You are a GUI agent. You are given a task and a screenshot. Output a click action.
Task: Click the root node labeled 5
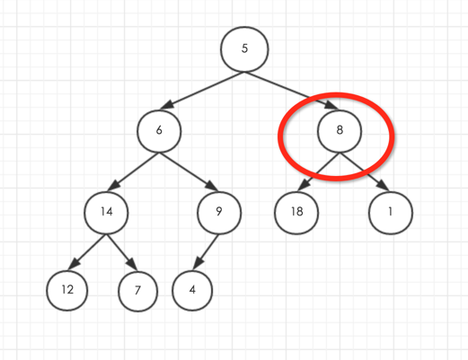click(244, 49)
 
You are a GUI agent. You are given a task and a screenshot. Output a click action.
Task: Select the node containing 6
click(159, 131)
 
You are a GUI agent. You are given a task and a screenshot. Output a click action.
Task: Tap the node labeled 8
click(340, 131)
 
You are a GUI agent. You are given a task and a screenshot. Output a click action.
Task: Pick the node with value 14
click(106, 213)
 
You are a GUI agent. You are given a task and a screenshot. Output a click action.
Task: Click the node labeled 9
click(219, 213)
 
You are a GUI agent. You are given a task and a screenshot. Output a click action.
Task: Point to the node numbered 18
click(296, 213)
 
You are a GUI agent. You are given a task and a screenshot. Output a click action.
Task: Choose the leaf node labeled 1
click(391, 213)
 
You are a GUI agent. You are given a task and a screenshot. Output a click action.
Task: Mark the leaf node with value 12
click(67, 291)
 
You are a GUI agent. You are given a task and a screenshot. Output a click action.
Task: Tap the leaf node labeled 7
click(137, 291)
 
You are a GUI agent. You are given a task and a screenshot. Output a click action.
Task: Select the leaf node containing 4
click(192, 291)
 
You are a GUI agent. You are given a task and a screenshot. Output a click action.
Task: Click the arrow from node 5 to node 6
click(202, 90)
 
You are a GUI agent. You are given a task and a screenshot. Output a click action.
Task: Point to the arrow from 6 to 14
click(133, 171)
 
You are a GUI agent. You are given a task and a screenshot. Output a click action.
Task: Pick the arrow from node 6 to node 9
click(189, 171)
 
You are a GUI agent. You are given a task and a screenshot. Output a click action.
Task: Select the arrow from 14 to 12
click(87, 252)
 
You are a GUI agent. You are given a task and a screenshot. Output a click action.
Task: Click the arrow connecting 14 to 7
click(122, 252)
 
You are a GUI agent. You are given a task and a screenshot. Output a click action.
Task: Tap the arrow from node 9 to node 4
click(206, 252)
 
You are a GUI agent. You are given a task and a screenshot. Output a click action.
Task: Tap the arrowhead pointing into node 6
click(168, 104)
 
